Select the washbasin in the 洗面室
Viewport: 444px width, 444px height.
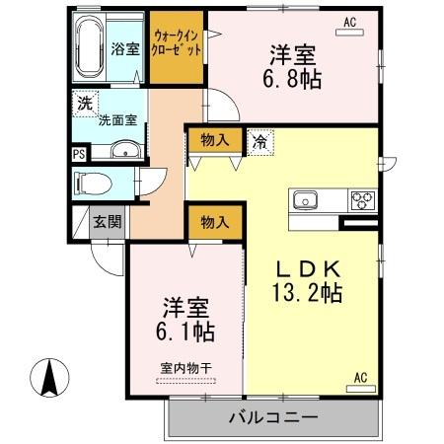[125, 150]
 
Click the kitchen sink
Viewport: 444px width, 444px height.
[305, 198]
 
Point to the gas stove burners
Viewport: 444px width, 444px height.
[361, 198]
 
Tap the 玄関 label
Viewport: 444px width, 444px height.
[108, 222]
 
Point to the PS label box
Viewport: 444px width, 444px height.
[78, 153]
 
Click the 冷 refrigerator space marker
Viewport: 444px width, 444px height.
[258, 140]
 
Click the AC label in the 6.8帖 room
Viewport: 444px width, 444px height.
[350, 20]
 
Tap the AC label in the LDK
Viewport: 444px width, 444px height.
[361, 377]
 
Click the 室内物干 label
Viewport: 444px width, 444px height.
[185, 369]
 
